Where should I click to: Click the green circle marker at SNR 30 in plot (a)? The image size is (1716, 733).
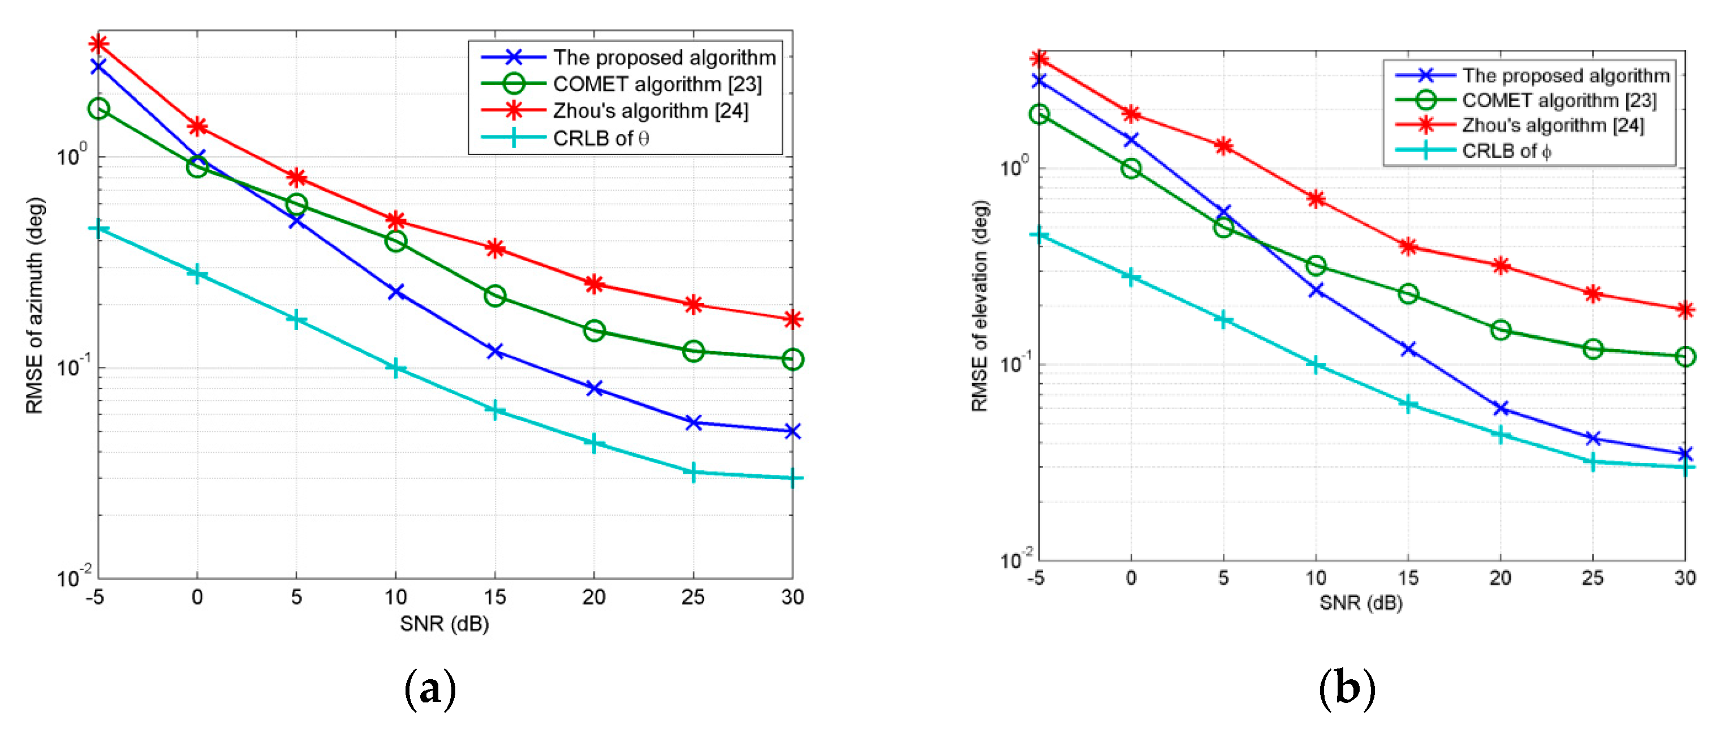point(792,360)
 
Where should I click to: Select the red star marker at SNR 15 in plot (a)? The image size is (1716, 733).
point(494,248)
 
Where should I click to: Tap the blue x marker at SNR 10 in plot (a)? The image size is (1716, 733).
point(396,292)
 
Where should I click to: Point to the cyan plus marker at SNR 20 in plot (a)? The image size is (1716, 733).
point(593,444)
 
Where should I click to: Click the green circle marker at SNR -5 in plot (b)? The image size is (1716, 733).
point(1039,114)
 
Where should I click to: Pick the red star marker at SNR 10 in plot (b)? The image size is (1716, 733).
point(1316,199)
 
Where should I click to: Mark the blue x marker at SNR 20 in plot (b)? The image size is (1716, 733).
point(1500,408)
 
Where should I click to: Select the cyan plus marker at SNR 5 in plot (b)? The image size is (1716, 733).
point(1223,320)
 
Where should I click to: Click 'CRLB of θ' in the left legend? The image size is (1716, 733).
point(600,139)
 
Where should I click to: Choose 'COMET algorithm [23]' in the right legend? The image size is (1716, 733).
point(1559,101)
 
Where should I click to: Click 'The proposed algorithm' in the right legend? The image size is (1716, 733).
point(1566,75)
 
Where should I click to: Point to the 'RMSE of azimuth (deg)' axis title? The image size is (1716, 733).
point(35,305)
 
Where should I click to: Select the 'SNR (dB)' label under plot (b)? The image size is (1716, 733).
point(1361,603)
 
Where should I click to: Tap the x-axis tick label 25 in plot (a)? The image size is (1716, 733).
point(693,597)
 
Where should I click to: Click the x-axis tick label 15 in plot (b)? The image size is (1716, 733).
point(1408,578)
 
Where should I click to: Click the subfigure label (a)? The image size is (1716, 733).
point(430,689)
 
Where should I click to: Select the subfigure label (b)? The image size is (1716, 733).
point(1346,689)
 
